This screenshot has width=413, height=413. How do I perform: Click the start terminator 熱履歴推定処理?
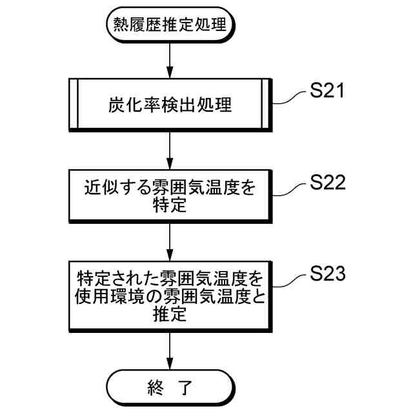click(x=169, y=26)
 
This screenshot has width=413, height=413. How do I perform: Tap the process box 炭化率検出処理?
click(x=169, y=104)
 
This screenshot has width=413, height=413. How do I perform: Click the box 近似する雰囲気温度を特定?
click(x=169, y=196)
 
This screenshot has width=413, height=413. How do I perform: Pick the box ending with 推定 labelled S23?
click(x=169, y=297)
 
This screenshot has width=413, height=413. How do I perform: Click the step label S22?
click(x=327, y=183)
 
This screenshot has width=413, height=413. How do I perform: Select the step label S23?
click(x=327, y=274)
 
